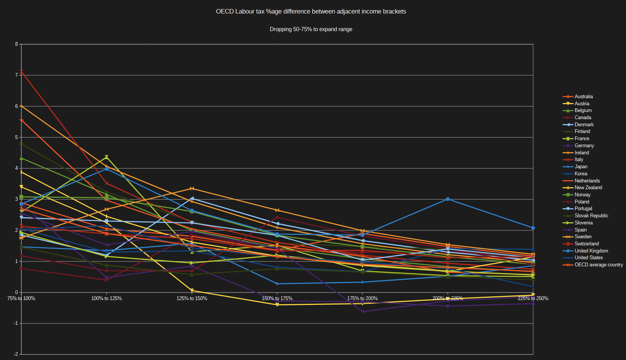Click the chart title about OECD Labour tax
click(311, 12)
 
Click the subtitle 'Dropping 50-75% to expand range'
click(311, 29)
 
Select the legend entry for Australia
click(583, 97)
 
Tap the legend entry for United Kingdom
click(591, 251)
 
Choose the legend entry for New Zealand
click(588, 188)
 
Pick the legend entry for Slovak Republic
click(591, 216)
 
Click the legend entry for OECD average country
click(599, 265)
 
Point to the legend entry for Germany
click(584, 146)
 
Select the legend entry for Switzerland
click(587, 244)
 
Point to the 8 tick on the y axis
click(16, 44)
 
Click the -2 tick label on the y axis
click(16, 354)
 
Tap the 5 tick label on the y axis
click(16, 137)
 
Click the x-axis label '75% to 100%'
click(21, 299)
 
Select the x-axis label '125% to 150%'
click(192, 299)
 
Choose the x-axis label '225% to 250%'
click(533, 299)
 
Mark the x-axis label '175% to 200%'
click(362, 299)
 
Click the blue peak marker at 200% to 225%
click(448, 199)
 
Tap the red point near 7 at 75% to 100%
click(21, 72)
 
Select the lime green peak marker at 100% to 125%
click(107, 157)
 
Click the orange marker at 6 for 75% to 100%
click(21, 106)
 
